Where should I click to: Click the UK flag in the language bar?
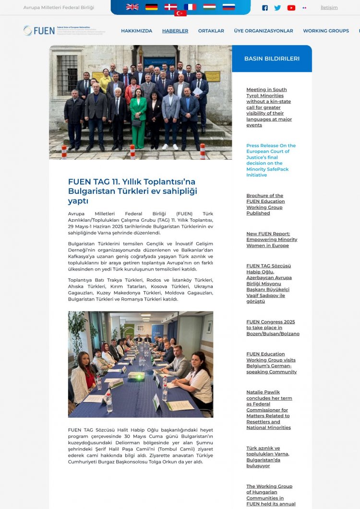[132, 7]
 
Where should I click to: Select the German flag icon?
[152, 7]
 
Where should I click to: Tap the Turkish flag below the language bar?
[180, 13]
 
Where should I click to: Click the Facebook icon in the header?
[265, 8]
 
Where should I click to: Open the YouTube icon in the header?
[291, 8]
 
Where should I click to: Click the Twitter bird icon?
[277, 8]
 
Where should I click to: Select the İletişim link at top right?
[329, 8]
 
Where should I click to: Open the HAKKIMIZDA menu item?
[136, 31]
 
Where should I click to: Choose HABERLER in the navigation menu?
[175, 31]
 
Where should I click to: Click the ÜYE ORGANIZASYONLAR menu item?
[264, 31]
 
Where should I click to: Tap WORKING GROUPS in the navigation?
[326, 31]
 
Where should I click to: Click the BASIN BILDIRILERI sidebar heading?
[272, 59]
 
